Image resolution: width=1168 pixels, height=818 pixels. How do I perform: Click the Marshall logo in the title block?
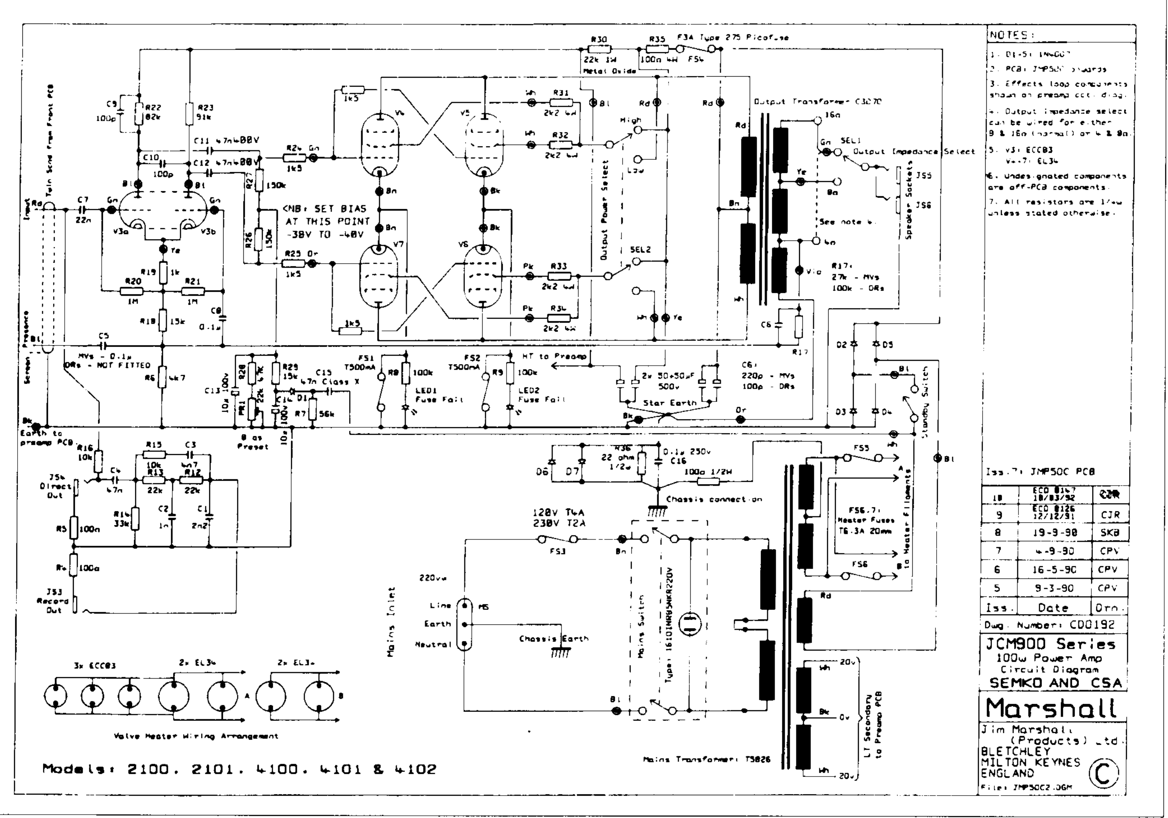[1051, 708]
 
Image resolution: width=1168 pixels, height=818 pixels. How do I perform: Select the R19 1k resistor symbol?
[163, 273]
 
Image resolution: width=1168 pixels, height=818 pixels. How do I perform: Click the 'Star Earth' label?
[669, 403]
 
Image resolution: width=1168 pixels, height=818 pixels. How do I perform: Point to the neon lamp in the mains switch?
[690, 624]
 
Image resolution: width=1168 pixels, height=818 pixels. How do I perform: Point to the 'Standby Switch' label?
[925, 402]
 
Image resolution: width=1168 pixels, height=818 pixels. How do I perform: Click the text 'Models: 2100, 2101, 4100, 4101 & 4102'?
[239, 769]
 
